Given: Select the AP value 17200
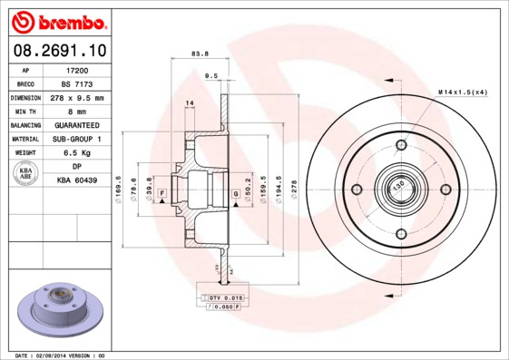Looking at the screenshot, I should (77, 69).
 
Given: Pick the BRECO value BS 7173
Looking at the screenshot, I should (77, 83).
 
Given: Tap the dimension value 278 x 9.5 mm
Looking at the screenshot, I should (77, 97).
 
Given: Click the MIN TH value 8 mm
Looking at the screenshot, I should (77, 111).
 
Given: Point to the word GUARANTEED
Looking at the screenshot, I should (77, 125).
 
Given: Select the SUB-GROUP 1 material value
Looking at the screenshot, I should (77, 139).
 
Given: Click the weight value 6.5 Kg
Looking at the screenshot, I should (77, 153).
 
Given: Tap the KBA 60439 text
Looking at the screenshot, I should (77, 181).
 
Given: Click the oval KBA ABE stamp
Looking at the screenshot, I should (27, 175).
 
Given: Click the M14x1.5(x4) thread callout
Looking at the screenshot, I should (462, 92).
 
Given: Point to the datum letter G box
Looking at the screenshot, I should (235, 194).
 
